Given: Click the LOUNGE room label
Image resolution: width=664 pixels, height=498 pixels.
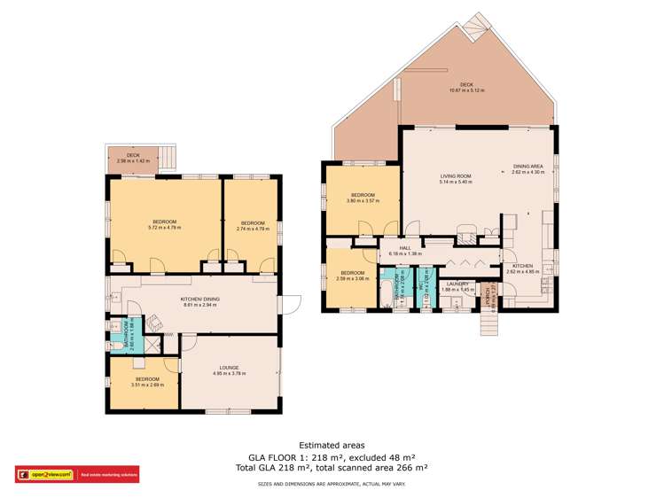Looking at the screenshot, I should click(225, 367).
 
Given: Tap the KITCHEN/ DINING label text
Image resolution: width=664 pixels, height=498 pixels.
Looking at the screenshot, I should click(199, 300).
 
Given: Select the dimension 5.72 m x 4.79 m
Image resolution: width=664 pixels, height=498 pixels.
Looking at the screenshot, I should click(165, 228).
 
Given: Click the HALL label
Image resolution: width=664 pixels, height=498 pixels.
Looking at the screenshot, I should click(404, 249).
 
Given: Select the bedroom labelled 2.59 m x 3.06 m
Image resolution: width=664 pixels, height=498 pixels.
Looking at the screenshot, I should click(351, 276).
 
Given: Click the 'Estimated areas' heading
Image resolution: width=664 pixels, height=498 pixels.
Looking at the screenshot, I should click(332, 446).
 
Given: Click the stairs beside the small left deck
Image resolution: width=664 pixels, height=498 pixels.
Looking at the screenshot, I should click(172, 160).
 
